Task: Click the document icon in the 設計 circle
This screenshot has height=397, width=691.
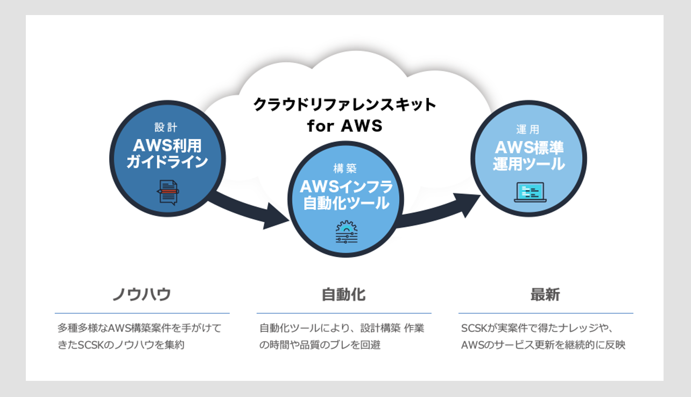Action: [x=168, y=192]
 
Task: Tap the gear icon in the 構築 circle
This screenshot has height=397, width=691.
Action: [x=347, y=232]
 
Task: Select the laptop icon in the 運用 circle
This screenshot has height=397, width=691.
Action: [x=530, y=192]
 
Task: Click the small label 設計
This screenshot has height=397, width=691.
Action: [x=166, y=127]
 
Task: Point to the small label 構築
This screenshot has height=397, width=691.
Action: [x=345, y=168]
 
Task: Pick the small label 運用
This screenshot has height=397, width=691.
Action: [x=528, y=129]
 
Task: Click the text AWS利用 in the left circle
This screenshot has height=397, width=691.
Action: [x=167, y=145]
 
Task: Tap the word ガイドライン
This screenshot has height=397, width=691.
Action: [x=167, y=162]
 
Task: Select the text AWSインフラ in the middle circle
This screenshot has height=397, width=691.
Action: [x=347, y=186]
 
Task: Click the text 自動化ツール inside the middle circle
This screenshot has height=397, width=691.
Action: [x=347, y=203]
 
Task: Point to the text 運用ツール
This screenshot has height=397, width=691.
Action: [x=529, y=164]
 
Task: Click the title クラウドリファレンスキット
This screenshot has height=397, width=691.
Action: [x=344, y=105]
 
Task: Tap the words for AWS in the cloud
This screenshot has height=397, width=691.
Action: [x=344, y=126]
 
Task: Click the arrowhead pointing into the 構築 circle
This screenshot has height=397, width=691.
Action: [x=275, y=217]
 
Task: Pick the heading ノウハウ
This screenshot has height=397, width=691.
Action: [x=142, y=294]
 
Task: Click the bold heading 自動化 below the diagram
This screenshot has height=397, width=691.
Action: [x=344, y=295]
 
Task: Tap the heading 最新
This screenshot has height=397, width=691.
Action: [x=545, y=295]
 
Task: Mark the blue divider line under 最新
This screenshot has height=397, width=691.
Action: [x=546, y=313]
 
